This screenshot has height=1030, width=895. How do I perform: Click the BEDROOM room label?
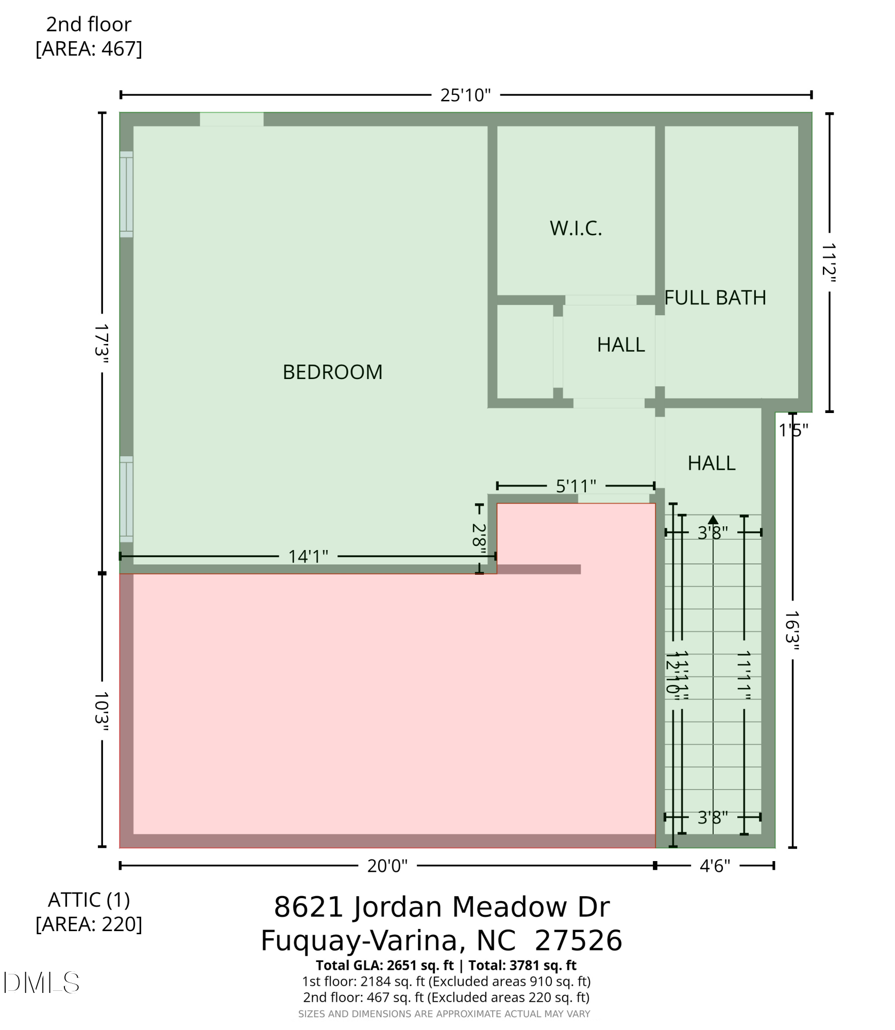332,372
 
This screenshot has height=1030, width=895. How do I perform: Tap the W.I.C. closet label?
576,228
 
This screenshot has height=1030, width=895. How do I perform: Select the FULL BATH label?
715,298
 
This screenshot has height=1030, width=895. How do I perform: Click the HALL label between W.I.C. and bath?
620,345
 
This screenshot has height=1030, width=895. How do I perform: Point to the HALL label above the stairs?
711,463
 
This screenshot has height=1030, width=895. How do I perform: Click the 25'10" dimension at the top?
465,95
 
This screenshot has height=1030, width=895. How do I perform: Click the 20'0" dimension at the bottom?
387,866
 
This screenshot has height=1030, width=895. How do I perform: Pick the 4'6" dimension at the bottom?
715,866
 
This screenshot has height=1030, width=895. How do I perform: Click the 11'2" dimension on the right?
829,263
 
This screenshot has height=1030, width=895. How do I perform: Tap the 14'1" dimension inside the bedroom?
308,556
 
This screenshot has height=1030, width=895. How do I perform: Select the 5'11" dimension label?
576,486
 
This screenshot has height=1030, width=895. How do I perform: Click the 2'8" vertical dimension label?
479,538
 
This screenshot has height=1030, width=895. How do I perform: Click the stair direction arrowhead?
713,520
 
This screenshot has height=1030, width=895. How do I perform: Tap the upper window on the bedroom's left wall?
126,194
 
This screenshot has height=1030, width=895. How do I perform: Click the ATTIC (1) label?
89,899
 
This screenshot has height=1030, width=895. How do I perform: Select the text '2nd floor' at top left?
89,24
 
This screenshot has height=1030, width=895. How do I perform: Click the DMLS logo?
41,983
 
